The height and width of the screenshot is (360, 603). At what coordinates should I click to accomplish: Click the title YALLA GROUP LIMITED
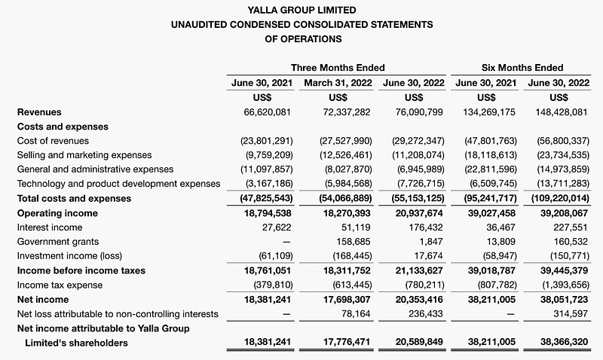pyautogui.click(x=302, y=10)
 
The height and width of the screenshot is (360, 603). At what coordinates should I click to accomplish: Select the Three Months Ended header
pyautogui.click(x=338, y=68)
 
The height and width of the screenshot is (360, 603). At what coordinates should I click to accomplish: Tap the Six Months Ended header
pyautogui.click(x=522, y=68)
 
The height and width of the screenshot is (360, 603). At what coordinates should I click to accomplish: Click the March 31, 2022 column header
pyautogui.click(x=338, y=83)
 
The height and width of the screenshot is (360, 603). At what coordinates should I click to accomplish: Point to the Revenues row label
pyautogui.click(x=39, y=112)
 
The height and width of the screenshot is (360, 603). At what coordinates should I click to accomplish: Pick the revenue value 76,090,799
pyautogui.click(x=419, y=112)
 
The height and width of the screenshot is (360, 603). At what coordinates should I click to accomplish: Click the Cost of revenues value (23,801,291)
pyautogui.click(x=267, y=141)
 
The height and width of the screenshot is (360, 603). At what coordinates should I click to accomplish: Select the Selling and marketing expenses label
pyautogui.click(x=84, y=155)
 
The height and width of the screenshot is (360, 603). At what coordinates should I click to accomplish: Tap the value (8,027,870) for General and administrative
pyautogui.click(x=346, y=169)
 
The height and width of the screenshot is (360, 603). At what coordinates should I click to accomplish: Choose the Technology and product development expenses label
pyautogui.click(x=118, y=184)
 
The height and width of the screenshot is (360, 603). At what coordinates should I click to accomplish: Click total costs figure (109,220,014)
pyautogui.click(x=560, y=199)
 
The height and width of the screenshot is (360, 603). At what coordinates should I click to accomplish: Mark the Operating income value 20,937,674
pyautogui.click(x=419, y=213)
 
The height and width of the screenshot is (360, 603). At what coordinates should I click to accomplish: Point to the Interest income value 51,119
pyautogui.click(x=356, y=227)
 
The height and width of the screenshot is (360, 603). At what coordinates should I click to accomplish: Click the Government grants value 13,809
pyautogui.click(x=500, y=242)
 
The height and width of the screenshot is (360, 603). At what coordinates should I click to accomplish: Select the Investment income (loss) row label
pyautogui.click(x=69, y=256)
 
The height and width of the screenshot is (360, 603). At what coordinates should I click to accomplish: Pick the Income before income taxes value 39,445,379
pyautogui.click(x=564, y=270)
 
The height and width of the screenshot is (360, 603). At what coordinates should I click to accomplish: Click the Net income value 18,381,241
pyautogui.click(x=268, y=300)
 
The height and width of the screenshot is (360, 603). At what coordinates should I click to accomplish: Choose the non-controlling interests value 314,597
pyautogui.click(x=571, y=314)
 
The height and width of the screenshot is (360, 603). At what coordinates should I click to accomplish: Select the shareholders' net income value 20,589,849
pyautogui.click(x=419, y=342)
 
